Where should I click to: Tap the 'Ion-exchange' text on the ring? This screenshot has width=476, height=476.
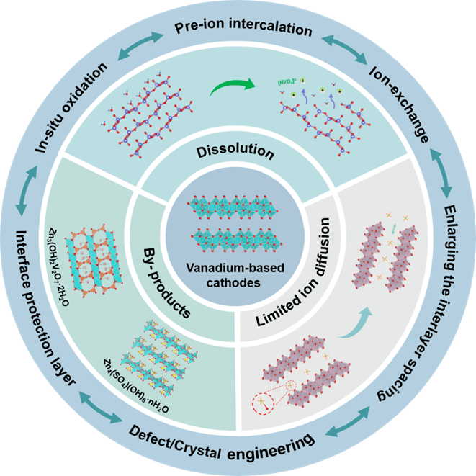[x=400, y=104]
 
